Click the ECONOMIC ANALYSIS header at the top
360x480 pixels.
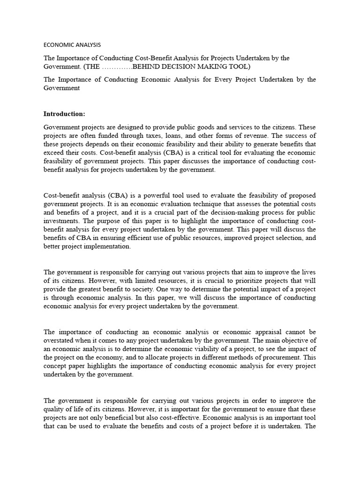(72, 45)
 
